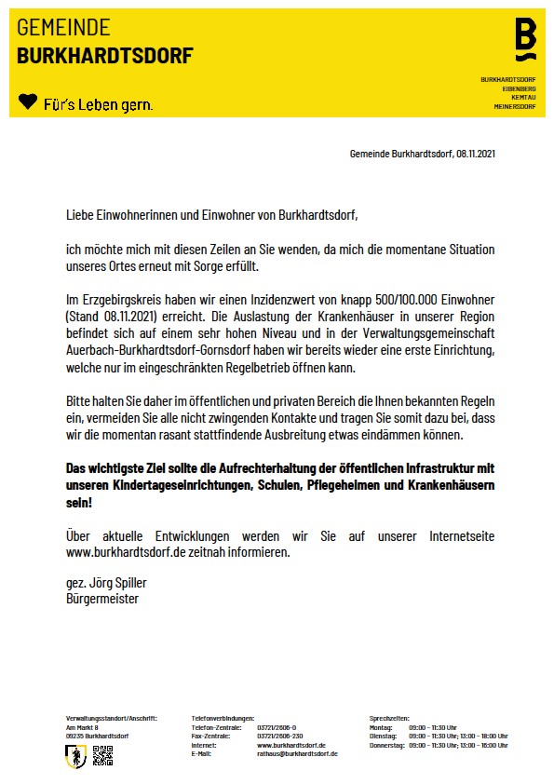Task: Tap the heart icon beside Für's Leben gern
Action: click(x=28, y=101)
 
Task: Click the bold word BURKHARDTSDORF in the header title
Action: click(x=104, y=57)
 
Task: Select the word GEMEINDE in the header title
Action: click(x=63, y=28)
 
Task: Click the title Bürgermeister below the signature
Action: click(x=102, y=599)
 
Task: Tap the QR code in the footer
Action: click(x=102, y=756)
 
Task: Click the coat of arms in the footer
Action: click(x=76, y=757)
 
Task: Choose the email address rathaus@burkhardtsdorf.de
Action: click(x=297, y=753)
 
